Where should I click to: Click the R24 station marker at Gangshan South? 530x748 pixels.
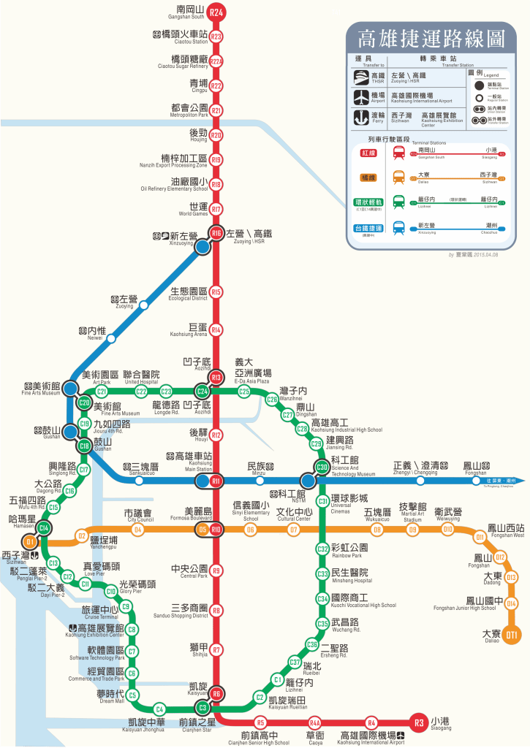[216, 12]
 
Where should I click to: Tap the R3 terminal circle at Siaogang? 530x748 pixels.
[418, 723]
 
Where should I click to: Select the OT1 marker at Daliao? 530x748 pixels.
[512, 634]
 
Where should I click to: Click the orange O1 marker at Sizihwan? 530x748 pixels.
[30, 542]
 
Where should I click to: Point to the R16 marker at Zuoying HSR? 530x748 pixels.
[216, 234]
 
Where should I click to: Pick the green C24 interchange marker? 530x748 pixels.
[202, 392]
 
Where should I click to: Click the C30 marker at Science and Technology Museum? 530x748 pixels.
[322, 467]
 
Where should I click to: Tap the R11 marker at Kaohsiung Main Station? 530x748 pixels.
[216, 481]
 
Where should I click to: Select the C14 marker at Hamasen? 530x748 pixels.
[44, 528]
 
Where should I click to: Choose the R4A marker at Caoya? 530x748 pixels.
[315, 722]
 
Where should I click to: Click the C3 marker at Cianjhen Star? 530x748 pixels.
[202, 707]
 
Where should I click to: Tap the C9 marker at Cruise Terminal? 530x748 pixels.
[126, 606]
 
